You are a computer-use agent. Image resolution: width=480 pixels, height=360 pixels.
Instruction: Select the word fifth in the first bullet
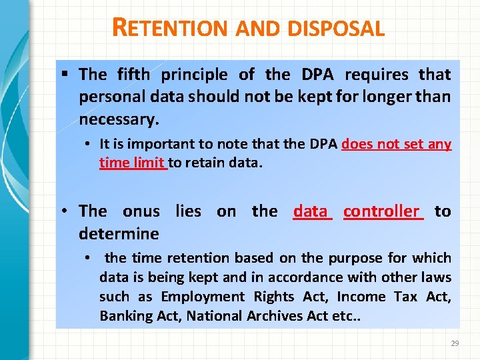133,74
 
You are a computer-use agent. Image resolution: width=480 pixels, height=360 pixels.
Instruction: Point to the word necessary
119,119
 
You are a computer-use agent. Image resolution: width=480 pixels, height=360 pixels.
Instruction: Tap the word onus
141,211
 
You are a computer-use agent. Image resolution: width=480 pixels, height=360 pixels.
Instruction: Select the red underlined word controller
383,211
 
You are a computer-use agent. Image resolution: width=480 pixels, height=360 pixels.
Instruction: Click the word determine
119,234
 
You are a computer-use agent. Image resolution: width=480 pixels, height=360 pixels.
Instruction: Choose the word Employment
203,297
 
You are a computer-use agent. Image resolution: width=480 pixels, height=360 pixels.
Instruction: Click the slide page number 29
455,343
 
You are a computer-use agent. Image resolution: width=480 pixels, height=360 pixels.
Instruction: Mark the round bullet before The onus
67,211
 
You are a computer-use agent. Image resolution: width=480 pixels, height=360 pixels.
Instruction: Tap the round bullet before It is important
88,144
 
